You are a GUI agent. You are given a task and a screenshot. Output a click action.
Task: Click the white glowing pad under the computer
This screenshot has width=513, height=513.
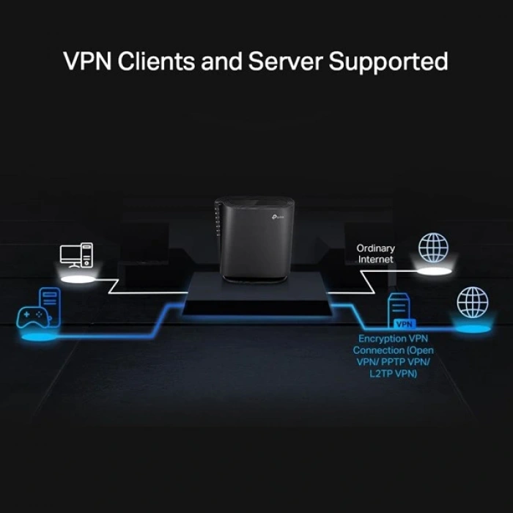coord(81,280)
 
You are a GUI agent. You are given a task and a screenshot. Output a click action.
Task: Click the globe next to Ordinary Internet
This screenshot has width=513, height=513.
coord(432,248)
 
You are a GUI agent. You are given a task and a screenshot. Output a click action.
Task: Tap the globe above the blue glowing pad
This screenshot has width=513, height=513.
coord(472,301)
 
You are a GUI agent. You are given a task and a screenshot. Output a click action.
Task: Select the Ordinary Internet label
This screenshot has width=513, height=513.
coord(375,254)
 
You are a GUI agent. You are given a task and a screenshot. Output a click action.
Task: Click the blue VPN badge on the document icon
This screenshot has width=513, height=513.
coord(402,322)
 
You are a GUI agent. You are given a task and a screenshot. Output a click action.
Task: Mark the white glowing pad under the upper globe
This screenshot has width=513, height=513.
coord(432,272)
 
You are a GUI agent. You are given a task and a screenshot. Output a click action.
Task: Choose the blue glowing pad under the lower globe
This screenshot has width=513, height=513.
coord(472,328)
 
